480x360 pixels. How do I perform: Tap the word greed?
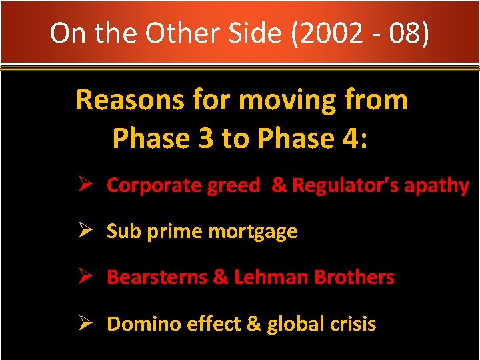click(233, 185)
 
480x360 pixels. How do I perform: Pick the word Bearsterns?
click(157, 277)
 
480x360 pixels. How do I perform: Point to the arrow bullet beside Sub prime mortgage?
click(85, 231)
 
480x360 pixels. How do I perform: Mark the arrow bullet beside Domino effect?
click(85, 323)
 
